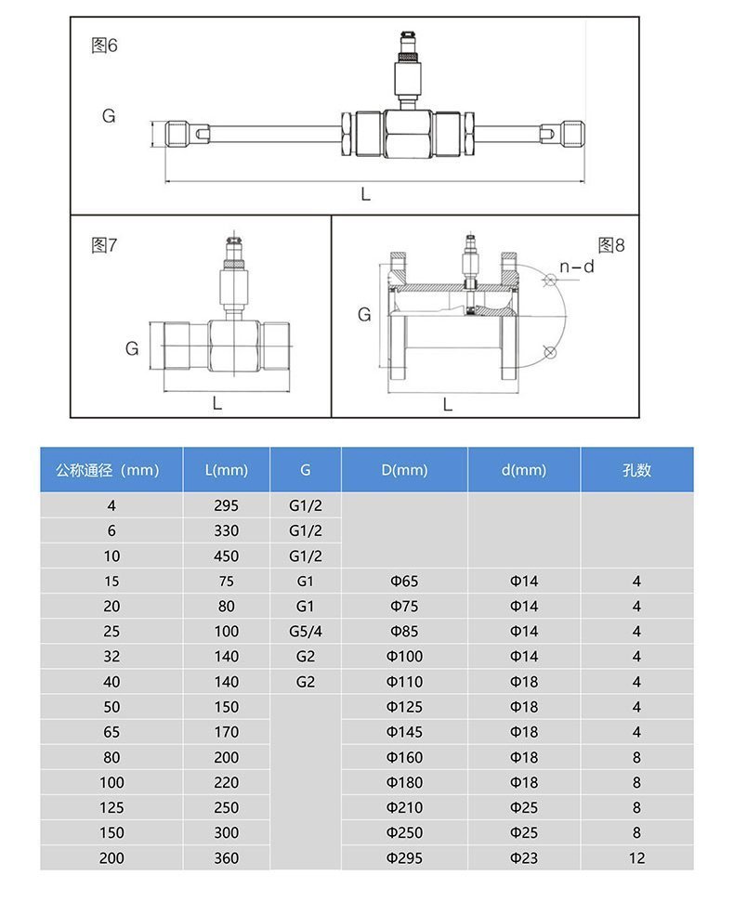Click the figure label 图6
coord(104,46)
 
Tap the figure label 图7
coord(104,245)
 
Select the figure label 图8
coord(611,245)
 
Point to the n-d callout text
coord(576,268)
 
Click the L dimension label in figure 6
coord(365,194)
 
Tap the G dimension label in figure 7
coord(132,348)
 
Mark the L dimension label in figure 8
coord(447,404)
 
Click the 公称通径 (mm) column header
coord(108,470)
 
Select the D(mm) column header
coord(404,470)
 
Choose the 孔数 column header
coord(636,470)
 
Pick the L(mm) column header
coord(227,470)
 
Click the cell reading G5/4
coord(305,632)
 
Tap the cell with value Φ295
coord(404,858)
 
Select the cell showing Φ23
coord(524,858)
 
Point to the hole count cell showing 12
coord(636,858)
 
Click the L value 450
coord(227,556)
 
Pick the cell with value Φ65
coord(404,582)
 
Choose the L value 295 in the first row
coord(227,505)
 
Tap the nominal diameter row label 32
coord(111,657)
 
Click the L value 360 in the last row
coord(227,858)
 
